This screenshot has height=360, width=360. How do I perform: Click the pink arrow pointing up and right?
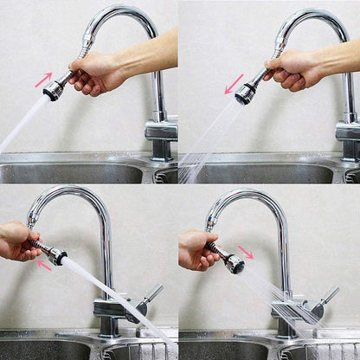coord(43,80)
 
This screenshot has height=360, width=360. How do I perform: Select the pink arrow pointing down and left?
coord(234,84)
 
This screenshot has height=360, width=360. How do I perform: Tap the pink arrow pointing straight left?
coord(44,266)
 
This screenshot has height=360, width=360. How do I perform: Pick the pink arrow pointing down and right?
coord(246,252)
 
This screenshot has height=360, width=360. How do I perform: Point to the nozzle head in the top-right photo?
coord(245,95)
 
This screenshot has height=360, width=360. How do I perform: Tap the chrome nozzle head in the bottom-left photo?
coord(58,255)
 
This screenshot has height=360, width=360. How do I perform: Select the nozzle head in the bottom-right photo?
coord(234,264)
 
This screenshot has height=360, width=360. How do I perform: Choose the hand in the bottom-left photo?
coord(16,241)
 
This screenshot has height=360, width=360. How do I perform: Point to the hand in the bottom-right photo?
coord(195,249)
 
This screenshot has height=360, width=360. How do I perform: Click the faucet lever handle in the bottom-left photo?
coord(151,294)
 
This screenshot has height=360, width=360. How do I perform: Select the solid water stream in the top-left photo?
coord(21,120)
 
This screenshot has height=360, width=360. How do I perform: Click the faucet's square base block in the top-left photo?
coord(161,131)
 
